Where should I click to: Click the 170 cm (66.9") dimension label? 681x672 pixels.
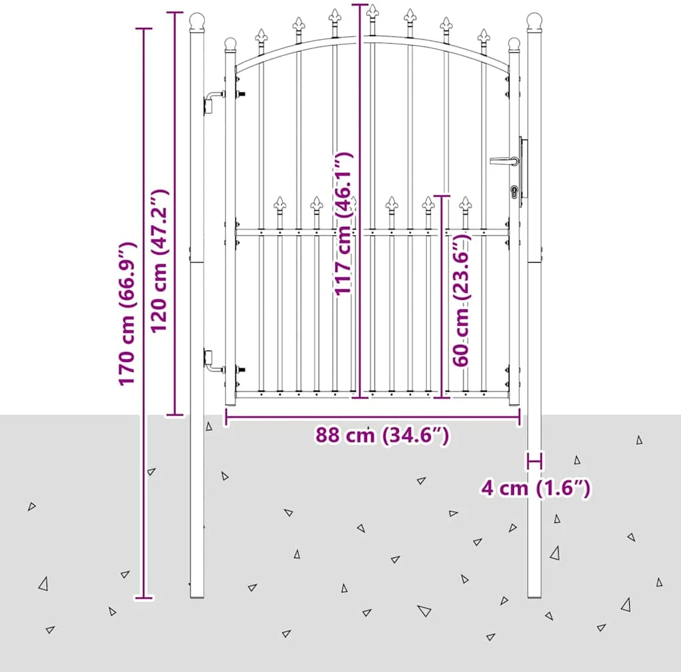[x=128, y=313]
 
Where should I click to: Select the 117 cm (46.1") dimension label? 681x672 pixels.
[x=344, y=224]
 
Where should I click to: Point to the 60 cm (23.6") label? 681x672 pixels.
[x=462, y=300]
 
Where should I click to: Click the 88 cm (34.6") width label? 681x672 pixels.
[x=382, y=435]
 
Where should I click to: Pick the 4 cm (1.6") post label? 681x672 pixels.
[x=535, y=488]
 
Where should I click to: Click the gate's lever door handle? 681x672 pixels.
[x=504, y=161]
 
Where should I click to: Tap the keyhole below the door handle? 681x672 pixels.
[x=514, y=192]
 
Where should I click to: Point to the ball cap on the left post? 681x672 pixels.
[x=197, y=22]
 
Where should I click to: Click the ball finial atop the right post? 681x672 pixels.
[x=534, y=22]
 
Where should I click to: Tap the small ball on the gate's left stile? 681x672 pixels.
[x=230, y=45]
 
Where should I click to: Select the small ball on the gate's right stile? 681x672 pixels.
[x=513, y=45]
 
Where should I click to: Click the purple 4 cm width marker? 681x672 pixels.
[x=535, y=461]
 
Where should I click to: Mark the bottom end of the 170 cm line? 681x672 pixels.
[x=144, y=598]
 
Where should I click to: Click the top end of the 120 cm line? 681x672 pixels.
[x=175, y=13]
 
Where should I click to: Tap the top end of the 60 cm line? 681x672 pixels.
[x=442, y=196]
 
